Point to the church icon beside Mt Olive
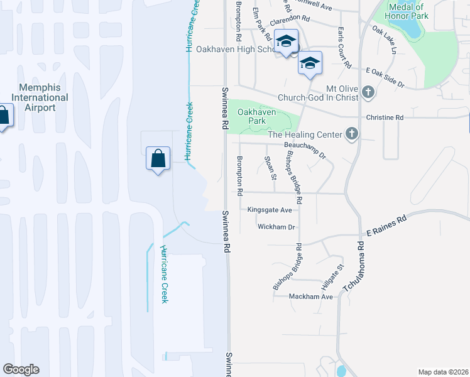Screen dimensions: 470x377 (x=368, y=94)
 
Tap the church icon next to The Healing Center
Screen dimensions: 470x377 (x=351, y=134)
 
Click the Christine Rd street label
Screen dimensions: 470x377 (x=384, y=117)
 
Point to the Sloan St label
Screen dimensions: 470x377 (x=270, y=168)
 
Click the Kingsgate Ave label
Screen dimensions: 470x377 (x=270, y=210)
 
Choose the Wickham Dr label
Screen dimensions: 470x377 (x=276, y=227)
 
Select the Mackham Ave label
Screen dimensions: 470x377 (x=310, y=296)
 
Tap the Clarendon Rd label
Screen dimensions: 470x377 (x=290, y=21)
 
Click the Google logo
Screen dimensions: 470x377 (x=21, y=369)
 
